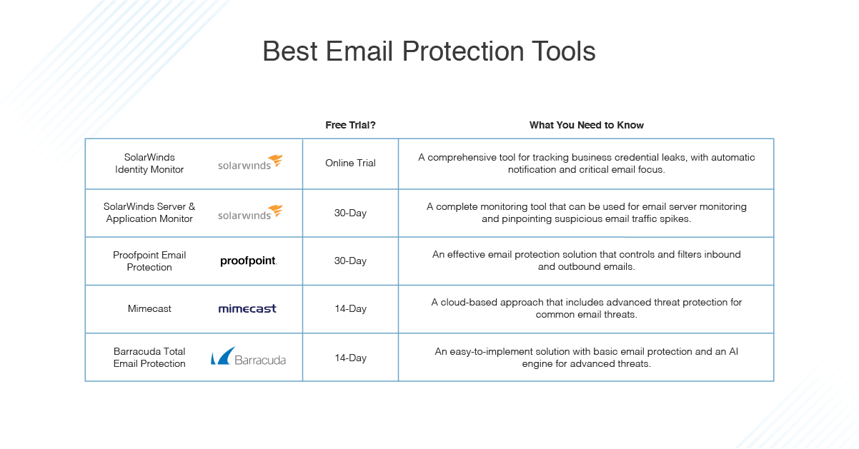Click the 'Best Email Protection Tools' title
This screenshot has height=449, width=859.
pyautogui.click(x=429, y=51)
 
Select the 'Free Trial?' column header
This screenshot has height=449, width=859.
pyautogui.click(x=350, y=125)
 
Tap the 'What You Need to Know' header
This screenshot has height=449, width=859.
pyautogui.click(x=586, y=125)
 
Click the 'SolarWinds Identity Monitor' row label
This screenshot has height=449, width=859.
pyautogui.click(x=149, y=163)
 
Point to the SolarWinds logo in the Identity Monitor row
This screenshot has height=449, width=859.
pyautogui.click(x=250, y=163)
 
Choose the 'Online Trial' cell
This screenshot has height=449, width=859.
pyautogui.click(x=350, y=163)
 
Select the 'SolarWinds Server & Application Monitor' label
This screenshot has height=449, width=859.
pyautogui.click(x=149, y=213)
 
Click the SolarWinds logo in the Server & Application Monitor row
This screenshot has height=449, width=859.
pyautogui.click(x=250, y=212)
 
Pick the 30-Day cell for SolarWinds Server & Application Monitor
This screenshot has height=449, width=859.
pyautogui.click(x=350, y=213)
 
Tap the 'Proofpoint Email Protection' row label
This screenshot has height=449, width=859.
pyautogui.click(x=149, y=261)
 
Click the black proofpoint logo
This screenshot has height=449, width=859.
pyautogui.click(x=249, y=261)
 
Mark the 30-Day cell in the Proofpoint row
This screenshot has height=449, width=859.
pyautogui.click(x=350, y=261)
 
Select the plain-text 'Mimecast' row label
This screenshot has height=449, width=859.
pyautogui.click(x=149, y=308)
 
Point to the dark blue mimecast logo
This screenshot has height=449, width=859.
pyautogui.click(x=247, y=308)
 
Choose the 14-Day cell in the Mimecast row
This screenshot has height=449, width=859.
pyautogui.click(x=350, y=308)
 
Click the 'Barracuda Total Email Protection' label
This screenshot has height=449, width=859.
pyautogui.click(x=149, y=358)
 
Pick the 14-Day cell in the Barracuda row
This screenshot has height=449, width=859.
pyautogui.click(x=350, y=358)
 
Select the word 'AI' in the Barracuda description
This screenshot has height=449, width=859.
pyautogui.click(x=733, y=351)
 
